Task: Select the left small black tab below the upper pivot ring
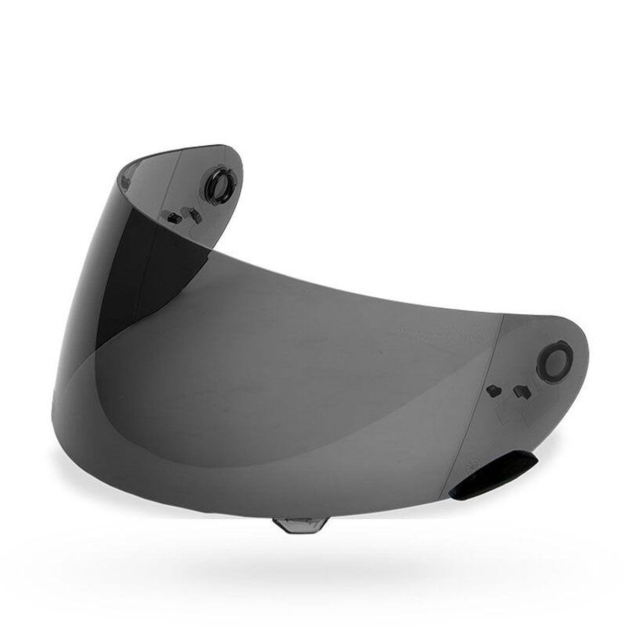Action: pyautogui.click(x=170, y=214)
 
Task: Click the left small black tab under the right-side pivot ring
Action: pyautogui.click(x=493, y=390)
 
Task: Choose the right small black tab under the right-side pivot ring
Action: pyautogui.click(x=520, y=391)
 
